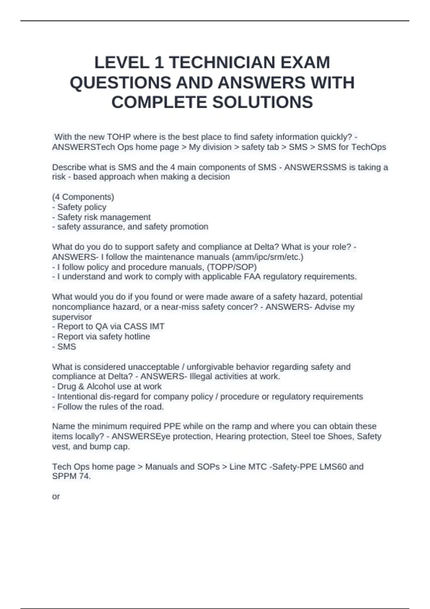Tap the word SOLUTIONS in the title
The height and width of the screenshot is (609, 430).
[x=263, y=102]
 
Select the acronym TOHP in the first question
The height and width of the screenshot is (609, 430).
[x=119, y=137]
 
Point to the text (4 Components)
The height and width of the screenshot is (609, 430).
[x=83, y=197]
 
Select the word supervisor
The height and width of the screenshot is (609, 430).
[x=72, y=317]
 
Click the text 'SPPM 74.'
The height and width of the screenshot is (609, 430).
[x=71, y=476]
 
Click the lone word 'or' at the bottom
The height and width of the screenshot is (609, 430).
[x=56, y=497]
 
